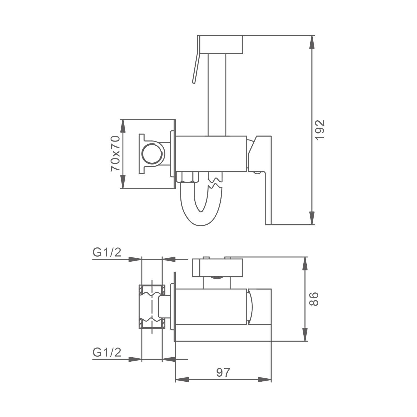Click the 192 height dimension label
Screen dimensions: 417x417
click(320, 130)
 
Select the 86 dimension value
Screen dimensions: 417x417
click(314, 299)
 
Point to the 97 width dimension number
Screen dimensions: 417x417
click(224, 373)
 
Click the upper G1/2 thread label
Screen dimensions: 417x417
click(107, 252)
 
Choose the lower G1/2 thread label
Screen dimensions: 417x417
click(107, 352)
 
